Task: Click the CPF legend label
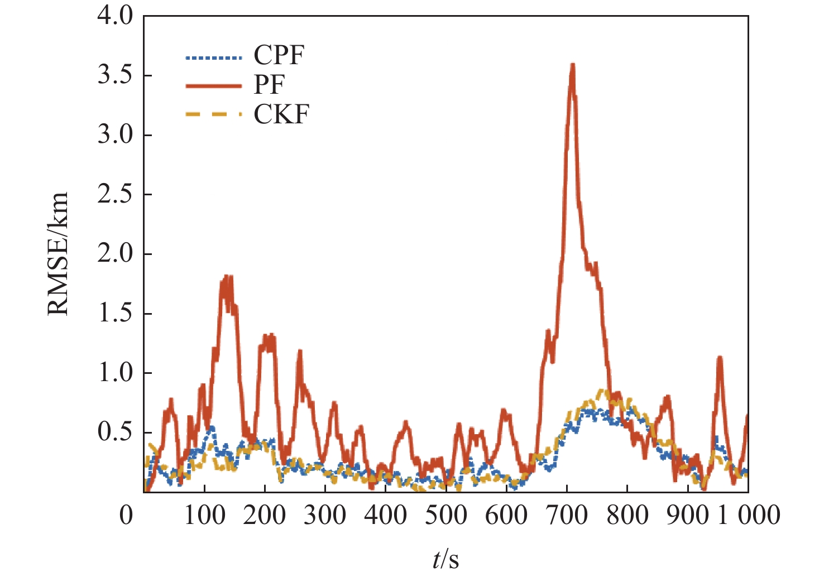[x=279, y=56]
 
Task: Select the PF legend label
[x=269, y=85]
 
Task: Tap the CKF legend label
[x=281, y=114]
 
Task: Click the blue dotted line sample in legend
[x=214, y=57]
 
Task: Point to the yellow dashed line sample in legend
[x=214, y=114]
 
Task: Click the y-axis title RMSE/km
[x=58, y=254]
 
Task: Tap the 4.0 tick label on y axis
[x=115, y=16]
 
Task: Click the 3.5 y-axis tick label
[x=115, y=75]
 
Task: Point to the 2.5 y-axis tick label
[x=115, y=194]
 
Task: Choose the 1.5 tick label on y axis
[x=115, y=314]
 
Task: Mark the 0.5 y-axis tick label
[x=115, y=432]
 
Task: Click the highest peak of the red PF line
[x=572, y=65]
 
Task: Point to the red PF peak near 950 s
[x=720, y=357]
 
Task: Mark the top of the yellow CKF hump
[x=602, y=391]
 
